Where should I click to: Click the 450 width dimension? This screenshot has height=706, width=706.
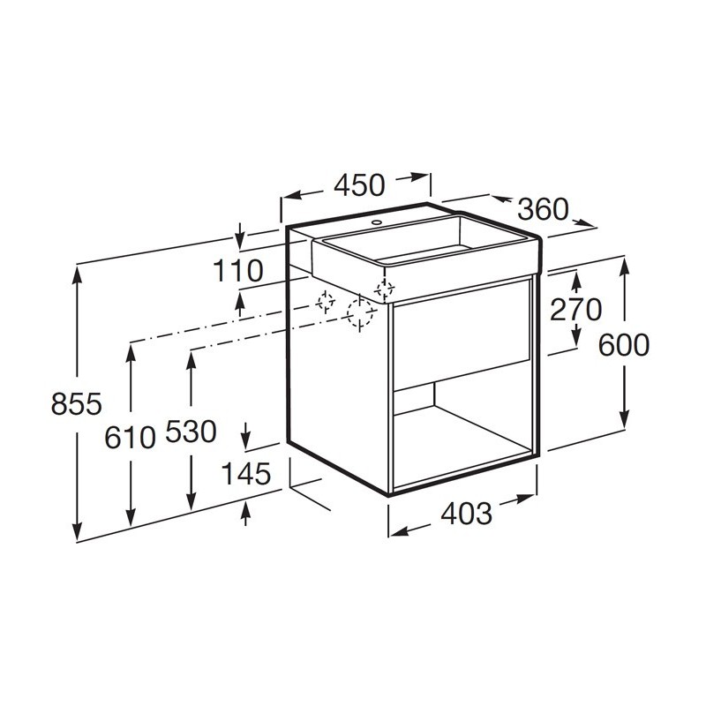click(359, 185)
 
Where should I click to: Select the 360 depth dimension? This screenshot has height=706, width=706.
click(543, 209)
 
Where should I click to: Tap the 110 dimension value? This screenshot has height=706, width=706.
click(237, 271)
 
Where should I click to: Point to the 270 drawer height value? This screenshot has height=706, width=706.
click(576, 310)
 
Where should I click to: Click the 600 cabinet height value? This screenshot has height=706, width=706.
click(624, 345)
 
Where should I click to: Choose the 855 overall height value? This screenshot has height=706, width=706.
click(77, 403)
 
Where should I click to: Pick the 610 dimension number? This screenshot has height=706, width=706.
click(130, 437)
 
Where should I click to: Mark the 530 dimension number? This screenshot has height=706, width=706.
click(191, 432)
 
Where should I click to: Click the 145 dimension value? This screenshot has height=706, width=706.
click(246, 473)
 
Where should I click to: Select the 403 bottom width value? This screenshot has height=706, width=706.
click(466, 514)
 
